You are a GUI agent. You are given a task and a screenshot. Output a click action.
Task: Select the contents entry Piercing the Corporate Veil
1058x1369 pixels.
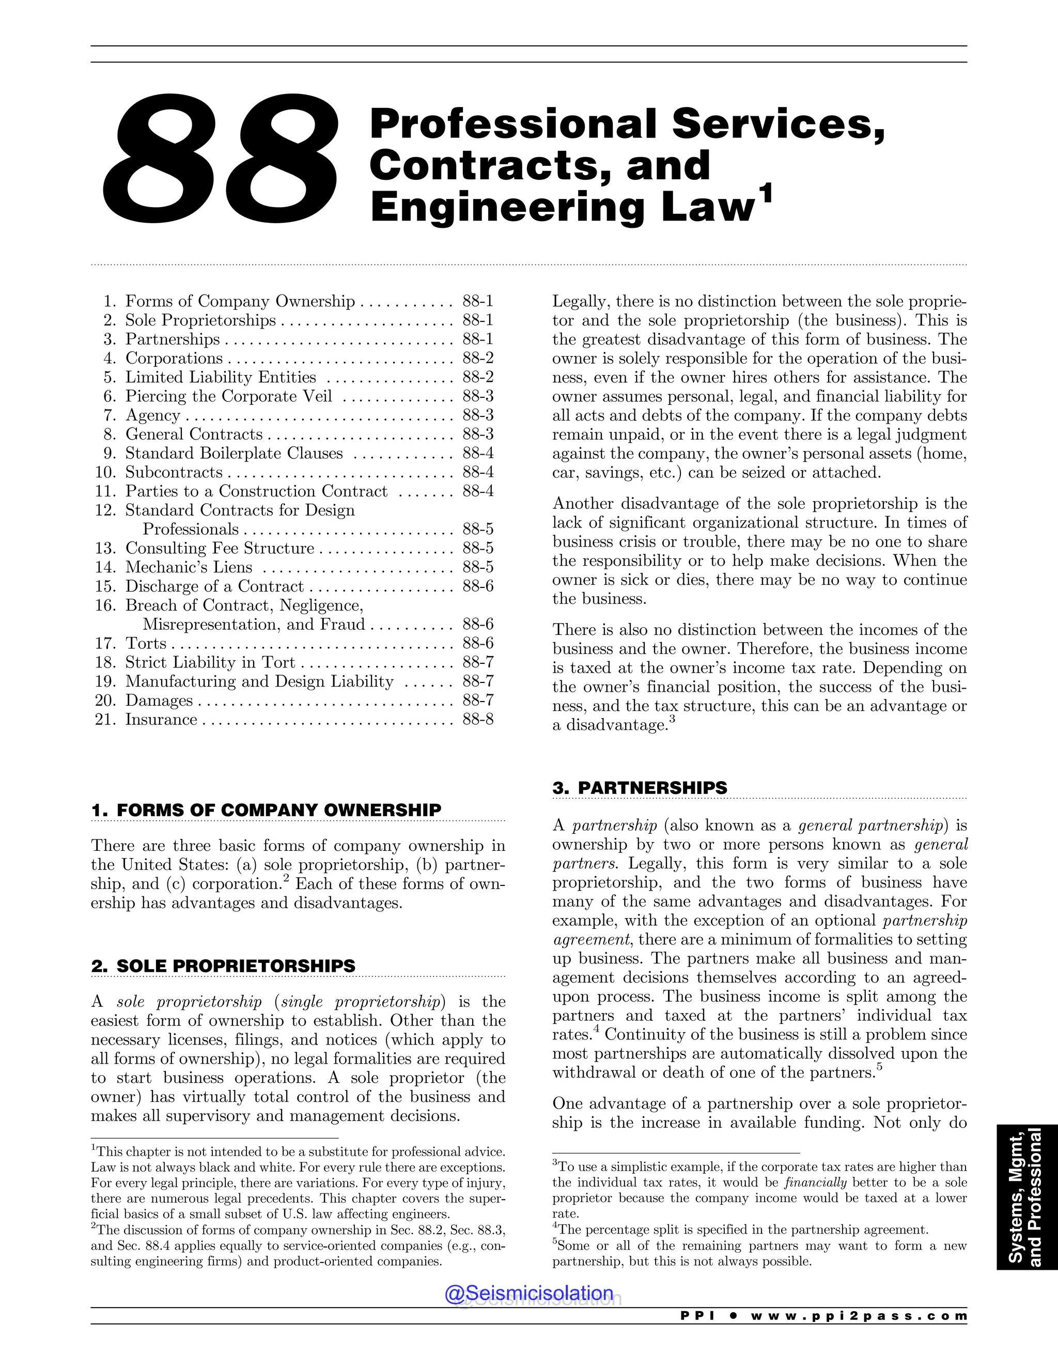228,396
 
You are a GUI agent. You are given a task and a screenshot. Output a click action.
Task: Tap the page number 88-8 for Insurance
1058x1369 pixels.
478,719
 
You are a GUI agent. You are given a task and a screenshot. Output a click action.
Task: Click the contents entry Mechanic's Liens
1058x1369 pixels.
189,567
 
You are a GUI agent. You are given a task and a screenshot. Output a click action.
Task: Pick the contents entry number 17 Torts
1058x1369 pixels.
145,643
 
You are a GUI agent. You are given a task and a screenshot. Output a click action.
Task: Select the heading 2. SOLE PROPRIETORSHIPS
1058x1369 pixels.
223,966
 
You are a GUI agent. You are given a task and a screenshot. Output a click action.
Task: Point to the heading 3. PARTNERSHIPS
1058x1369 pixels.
640,787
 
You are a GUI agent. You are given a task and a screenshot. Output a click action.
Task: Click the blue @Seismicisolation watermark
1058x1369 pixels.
529,1293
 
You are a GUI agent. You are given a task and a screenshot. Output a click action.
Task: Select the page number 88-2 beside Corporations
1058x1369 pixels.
478,358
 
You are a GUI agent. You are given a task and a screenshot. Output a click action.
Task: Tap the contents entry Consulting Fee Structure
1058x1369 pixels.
220,549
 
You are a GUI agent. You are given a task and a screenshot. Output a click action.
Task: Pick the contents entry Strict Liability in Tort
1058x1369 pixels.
210,663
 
